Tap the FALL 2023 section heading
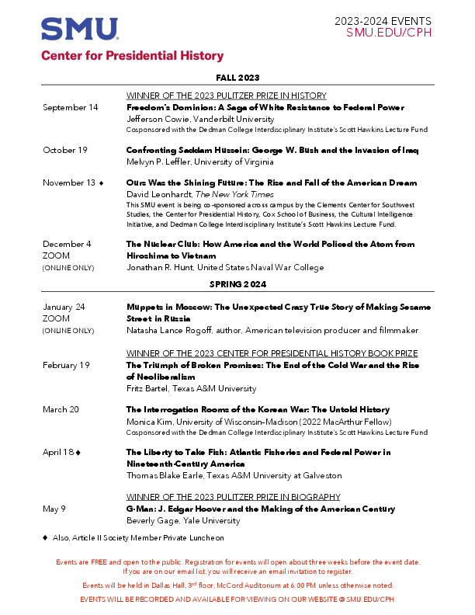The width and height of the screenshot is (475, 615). pos(238,78)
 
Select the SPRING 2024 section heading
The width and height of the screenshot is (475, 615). pos(238,284)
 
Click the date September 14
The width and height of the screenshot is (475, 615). pos(71,107)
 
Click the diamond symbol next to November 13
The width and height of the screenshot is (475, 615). pos(101,183)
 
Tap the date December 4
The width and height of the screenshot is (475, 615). pos(67,244)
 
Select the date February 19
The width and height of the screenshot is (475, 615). pos(67,364)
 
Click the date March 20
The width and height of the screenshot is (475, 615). pos(61,408)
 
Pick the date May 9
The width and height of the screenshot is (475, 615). pos(54,509)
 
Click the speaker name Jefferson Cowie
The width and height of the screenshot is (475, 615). pos(158,120)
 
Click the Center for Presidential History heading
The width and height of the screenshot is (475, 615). pos(132,56)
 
